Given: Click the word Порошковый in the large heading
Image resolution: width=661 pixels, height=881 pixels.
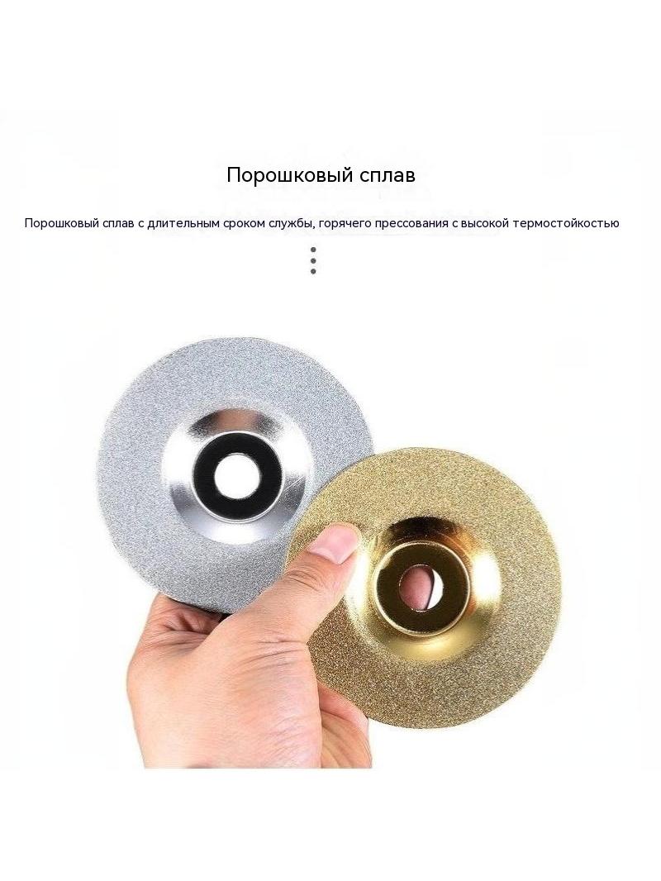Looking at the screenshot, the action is (x=288, y=174).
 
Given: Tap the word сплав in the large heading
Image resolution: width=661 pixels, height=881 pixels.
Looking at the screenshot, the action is (x=385, y=174).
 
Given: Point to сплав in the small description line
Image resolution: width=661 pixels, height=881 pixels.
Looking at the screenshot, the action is (x=118, y=224).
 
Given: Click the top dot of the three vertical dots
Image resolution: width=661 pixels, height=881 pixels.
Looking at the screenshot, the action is (x=313, y=250).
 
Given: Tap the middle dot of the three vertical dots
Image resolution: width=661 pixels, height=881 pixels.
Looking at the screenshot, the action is (x=313, y=260).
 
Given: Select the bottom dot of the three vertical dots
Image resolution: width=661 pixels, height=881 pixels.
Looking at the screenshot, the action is (x=313, y=271).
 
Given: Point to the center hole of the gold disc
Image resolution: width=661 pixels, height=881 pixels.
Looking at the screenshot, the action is (x=421, y=587).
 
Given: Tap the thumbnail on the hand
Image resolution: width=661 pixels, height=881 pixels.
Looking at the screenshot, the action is (x=335, y=543).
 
